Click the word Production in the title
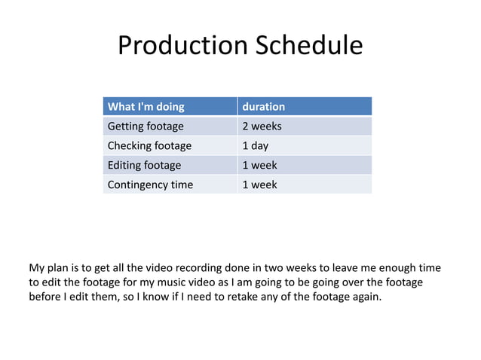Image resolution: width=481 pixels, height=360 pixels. (x=174, y=46)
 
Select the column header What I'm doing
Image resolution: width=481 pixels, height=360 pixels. (x=146, y=107)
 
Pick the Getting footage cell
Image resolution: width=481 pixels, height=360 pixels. (x=146, y=126)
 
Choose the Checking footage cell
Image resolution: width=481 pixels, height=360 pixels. (x=150, y=145)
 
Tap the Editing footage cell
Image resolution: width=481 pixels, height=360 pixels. (x=145, y=165)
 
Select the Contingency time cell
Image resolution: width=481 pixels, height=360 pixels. (x=151, y=185)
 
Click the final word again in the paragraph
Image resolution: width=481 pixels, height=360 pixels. (x=366, y=297)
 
